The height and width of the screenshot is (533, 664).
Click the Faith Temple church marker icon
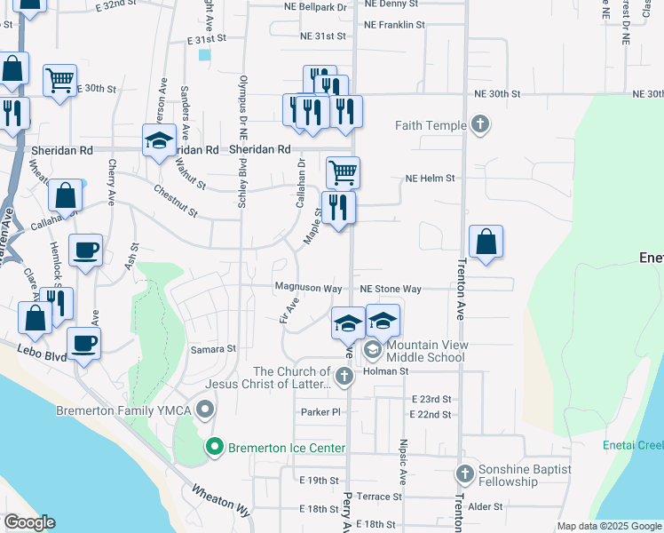click(x=480, y=124)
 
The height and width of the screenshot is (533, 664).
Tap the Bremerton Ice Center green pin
click(x=213, y=447)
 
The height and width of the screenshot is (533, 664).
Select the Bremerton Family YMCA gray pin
click(x=206, y=410)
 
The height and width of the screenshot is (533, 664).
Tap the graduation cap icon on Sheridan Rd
click(x=159, y=141)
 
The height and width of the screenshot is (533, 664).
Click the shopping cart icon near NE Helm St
click(x=343, y=171)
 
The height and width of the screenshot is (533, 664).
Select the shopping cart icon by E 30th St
click(x=59, y=80)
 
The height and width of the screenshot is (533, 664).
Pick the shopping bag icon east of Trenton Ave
click(x=486, y=242)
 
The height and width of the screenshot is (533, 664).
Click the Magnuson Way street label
click(x=308, y=289)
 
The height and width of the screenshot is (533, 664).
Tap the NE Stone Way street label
click(x=391, y=289)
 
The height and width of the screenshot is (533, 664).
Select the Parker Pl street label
click(x=320, y=412)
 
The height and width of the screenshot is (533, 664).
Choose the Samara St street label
click(x=213, y=350)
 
